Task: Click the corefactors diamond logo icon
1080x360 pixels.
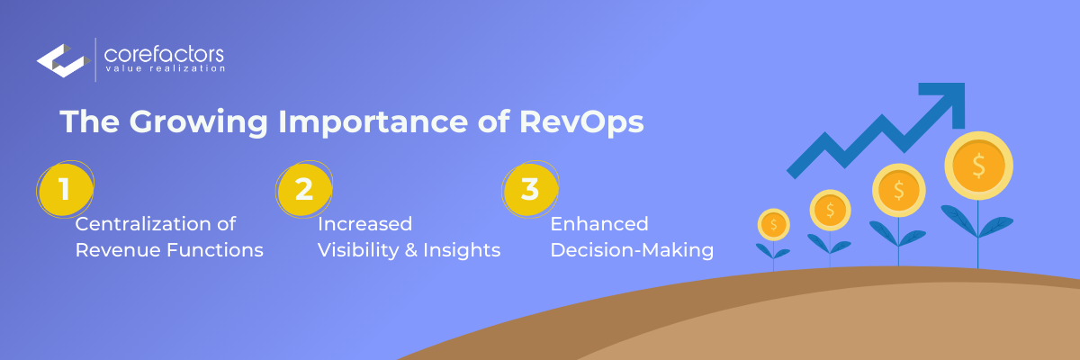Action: [x=64, y=60]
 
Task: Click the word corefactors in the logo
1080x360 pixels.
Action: [x=164, y=54]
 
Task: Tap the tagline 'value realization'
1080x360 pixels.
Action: [x=166, y=68]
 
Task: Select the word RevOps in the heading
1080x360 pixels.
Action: [x=581, y=121]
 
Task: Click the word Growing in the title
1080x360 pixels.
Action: [x=198, y=121]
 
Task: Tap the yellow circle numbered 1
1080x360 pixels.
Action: [x=65, y=189]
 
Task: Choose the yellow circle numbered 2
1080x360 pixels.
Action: [x=304, y=189]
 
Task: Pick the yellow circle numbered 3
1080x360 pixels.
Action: [x=530, y=189]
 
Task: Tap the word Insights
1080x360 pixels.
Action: [x=462, y=250]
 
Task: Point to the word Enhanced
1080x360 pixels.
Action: [x=599, y=223]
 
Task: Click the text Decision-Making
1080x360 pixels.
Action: [x=632, y=250]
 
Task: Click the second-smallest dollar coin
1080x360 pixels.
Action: [x=830, y=210]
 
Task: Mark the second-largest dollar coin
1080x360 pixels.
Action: [x=899, y=190]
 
